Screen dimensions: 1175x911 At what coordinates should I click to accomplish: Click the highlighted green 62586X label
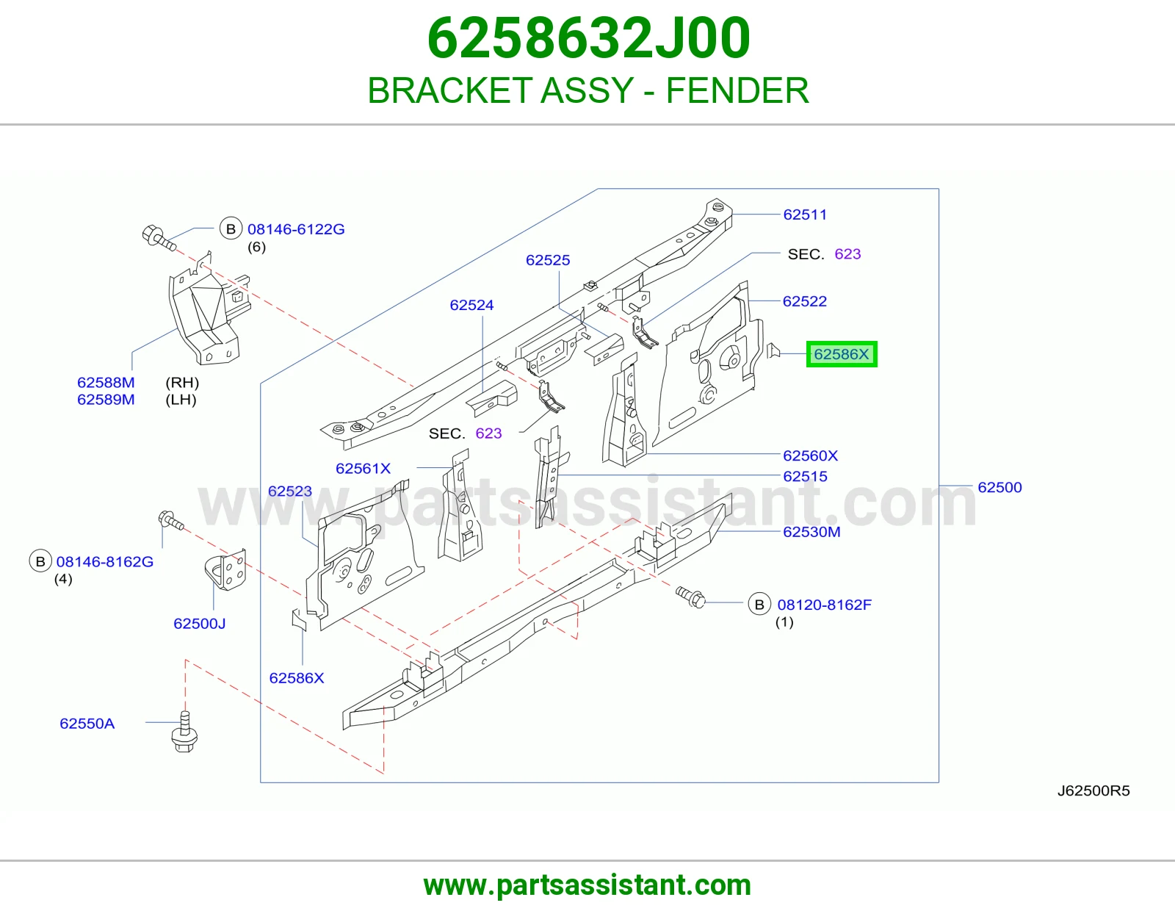[842, 354]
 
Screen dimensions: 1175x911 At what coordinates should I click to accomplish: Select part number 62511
[805, 215]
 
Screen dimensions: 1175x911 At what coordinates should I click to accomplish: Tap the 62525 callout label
[548, 260]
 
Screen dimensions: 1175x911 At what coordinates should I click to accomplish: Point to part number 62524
[471, 305]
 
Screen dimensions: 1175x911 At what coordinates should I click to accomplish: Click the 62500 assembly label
[999, 487]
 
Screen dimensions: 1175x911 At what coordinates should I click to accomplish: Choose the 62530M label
[811, 532]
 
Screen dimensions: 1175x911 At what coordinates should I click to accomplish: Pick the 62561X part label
[363, 469]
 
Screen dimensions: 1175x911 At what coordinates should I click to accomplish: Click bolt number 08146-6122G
[296, 229]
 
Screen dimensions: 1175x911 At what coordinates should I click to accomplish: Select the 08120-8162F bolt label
[824, 605]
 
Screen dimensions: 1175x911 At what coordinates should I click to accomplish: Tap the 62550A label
[87, 724]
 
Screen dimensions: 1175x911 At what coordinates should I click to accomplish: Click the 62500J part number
[200, 624]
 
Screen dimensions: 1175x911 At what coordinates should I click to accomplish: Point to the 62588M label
[106, 383]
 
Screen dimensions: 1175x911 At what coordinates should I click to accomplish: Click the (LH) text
[181, 400]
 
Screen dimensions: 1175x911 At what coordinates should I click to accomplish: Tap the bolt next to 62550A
[184, 732]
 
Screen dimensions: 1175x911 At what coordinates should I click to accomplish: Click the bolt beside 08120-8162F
[691, 597]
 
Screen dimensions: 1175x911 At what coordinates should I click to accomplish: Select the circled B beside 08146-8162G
[40, 561]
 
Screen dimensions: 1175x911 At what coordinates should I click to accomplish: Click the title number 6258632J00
[588, 38]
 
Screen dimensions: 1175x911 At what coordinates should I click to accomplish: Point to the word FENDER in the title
[737, 90]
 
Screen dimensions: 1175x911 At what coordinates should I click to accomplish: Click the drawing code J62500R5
[1093, 791]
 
